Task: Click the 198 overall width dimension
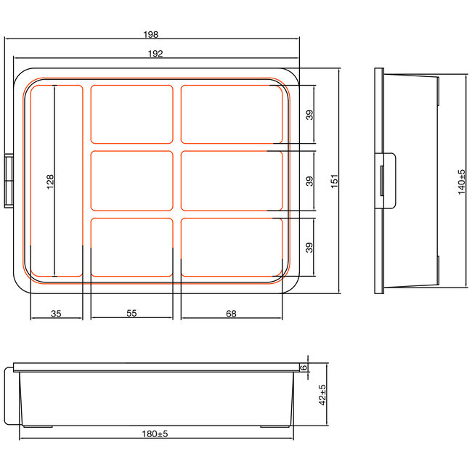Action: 151,34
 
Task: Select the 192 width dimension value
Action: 155,53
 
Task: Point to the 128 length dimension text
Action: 50,181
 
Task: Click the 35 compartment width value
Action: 57,313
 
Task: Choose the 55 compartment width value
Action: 131,313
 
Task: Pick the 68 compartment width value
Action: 232,313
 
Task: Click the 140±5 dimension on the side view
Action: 461,180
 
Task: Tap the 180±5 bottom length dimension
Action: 155,434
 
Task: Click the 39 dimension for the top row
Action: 310,115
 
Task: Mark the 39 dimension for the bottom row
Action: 310,247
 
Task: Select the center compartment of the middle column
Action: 131,181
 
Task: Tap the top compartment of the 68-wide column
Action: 232,114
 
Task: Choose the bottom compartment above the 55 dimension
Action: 131,247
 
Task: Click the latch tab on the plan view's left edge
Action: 9,181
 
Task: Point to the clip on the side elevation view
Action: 387,181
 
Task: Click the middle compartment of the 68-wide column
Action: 232,181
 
